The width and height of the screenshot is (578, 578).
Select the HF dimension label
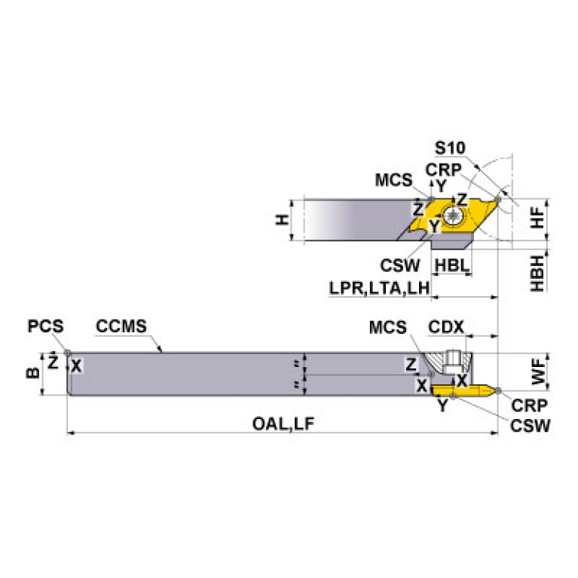tap(537, 218)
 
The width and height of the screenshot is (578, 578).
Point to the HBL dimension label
tap(451, 265)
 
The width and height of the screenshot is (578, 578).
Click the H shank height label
tap(280, 220)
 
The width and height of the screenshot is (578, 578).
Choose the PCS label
tap(46, 327)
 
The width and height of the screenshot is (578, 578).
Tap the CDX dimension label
tap(446, 327)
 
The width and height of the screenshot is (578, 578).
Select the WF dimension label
tap(537, 372)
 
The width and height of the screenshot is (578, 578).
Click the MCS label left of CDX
tap(387, 327)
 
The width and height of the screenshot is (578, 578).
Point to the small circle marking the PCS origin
tap(68, 352)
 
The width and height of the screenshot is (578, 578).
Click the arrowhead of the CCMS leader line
tap(161, 350)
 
